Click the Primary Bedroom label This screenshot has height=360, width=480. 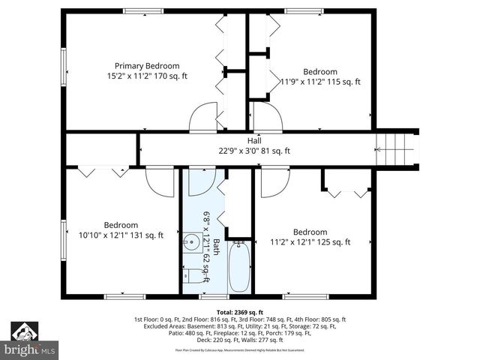[147, 65]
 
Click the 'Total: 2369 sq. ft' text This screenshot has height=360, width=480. [239, 312]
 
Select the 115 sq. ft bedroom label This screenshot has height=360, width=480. [319, 72]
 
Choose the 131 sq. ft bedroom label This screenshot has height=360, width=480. [121, 225]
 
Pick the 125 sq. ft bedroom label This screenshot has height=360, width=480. [310, 232]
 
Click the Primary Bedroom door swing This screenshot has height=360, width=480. [203, 118]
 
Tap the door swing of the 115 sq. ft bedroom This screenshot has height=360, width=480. [267, 118]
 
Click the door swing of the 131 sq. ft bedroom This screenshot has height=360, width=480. [160, 182]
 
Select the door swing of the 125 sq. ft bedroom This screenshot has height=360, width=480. [274, 182]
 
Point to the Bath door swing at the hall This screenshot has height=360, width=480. [202, 181]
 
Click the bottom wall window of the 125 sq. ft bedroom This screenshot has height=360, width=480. [306, 296]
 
